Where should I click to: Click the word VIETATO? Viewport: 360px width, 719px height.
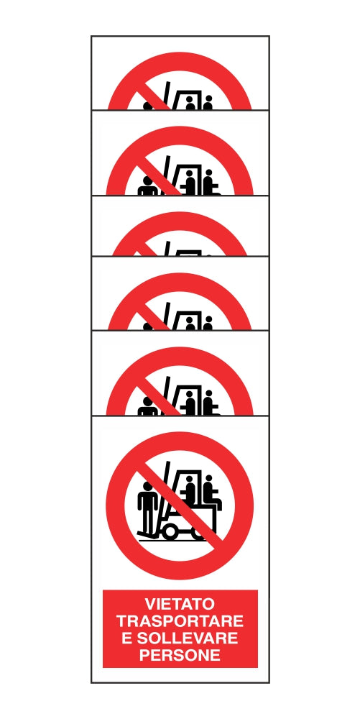(180, 603)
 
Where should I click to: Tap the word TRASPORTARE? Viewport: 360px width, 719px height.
(180, 621)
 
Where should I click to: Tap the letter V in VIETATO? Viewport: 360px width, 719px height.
(150, 603)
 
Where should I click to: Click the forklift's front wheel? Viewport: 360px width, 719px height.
(170, 532)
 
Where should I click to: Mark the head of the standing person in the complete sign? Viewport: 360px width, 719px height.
(147, 486)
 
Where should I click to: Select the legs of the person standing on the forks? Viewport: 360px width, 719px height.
(147, 521)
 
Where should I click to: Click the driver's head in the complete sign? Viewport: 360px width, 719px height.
(190, 480)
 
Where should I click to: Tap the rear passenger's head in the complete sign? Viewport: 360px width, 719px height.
(208, 479)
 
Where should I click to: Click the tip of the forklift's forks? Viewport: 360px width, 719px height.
(139, 533)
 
